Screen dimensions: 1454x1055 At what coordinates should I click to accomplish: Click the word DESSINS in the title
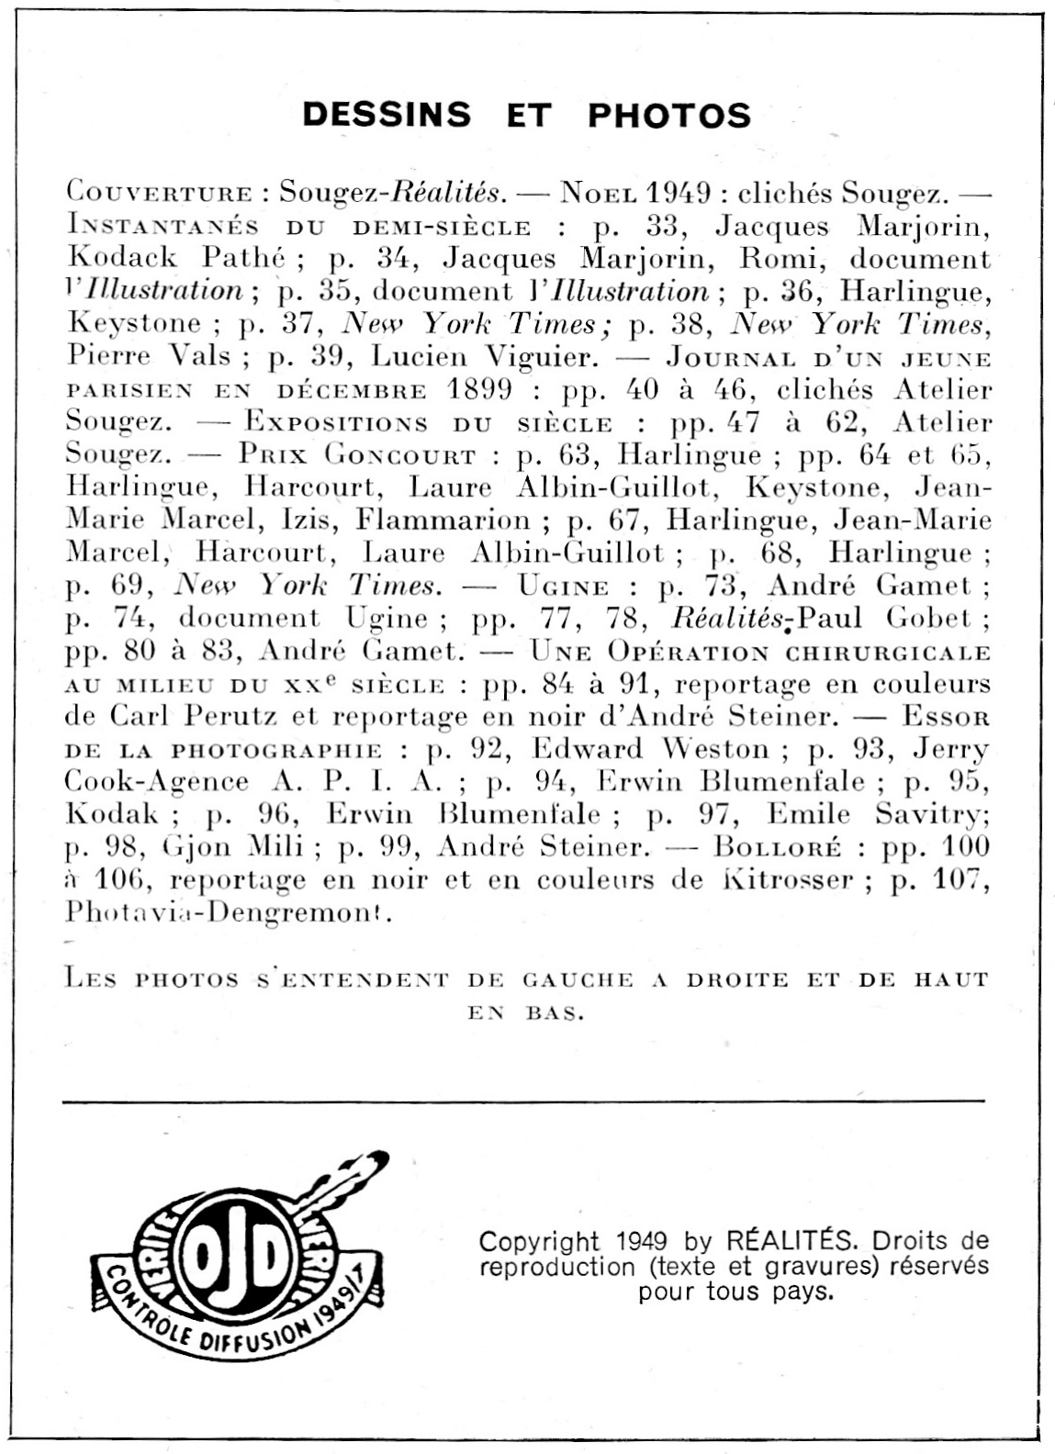pos(387,115)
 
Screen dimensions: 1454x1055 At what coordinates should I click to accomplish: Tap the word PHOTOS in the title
pos(669,116)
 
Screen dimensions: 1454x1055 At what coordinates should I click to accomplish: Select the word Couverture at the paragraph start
pos(159,194)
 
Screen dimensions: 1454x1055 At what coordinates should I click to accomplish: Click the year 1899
pos(479,389)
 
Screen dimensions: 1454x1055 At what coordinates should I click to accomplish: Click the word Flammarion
pos(444,520)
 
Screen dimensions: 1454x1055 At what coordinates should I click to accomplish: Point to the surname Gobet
pos(928,619)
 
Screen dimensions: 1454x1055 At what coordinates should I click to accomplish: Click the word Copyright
pos(538,1242)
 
